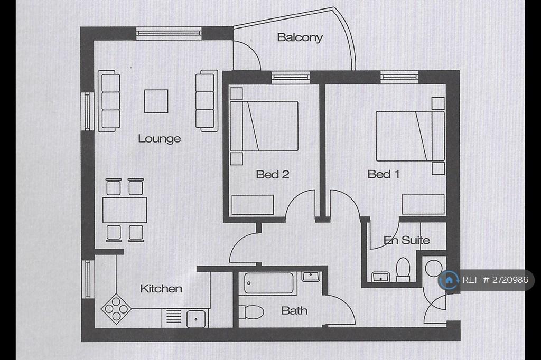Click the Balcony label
pos(300,37)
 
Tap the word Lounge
pos(159,139)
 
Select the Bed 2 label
pos(272,174)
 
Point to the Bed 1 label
pos(383,174)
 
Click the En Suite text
pos(407,240)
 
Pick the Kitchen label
pos(161,289)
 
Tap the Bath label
pos(295,311)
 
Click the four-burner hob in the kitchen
pos(115,307)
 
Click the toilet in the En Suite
pos(403,269)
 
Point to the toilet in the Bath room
pos(250,312)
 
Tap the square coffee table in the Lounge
pos(156,101)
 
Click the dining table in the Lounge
pos(124,210)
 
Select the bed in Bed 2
pos(264,127)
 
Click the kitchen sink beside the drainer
pos(196,318)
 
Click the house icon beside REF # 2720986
pos(449,280)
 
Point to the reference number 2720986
pos(495,280)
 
